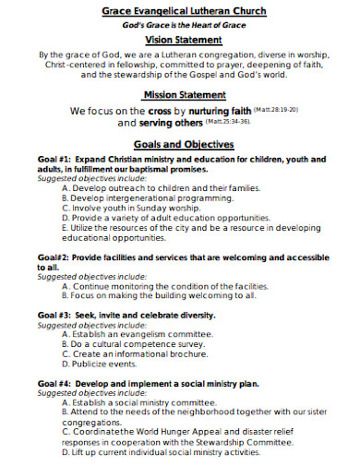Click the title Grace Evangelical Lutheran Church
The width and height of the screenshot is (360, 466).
pos(183,10)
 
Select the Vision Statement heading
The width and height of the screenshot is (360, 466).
pos(183,41)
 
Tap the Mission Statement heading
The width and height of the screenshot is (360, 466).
pos(183,95)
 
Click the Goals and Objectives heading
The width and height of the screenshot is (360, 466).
pos(183,144)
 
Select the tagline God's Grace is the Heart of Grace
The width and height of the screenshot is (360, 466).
pos(183,24)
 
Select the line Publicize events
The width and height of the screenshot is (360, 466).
pos(98,364)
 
